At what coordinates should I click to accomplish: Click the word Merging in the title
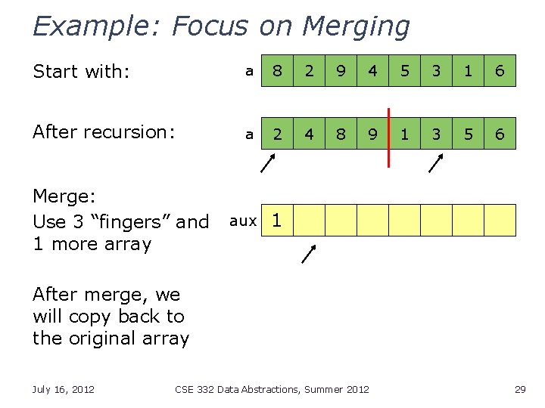355,26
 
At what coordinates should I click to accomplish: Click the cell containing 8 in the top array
277,71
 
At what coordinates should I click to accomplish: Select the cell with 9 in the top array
341,71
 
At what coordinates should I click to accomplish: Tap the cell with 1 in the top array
468,71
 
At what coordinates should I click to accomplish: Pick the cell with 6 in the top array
500,71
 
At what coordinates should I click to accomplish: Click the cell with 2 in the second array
277,134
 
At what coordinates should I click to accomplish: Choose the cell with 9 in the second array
372,134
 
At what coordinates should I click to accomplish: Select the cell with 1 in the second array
404,134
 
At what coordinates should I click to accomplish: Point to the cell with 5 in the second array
468,134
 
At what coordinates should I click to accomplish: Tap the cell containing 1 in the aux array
277,221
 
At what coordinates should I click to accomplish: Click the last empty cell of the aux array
500,221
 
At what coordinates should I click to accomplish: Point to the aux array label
243,221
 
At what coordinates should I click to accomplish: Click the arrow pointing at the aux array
309,254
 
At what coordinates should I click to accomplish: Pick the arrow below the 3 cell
436,163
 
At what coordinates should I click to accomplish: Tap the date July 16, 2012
64,389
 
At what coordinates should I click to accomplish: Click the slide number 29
519,389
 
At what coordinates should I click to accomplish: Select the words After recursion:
104,132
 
